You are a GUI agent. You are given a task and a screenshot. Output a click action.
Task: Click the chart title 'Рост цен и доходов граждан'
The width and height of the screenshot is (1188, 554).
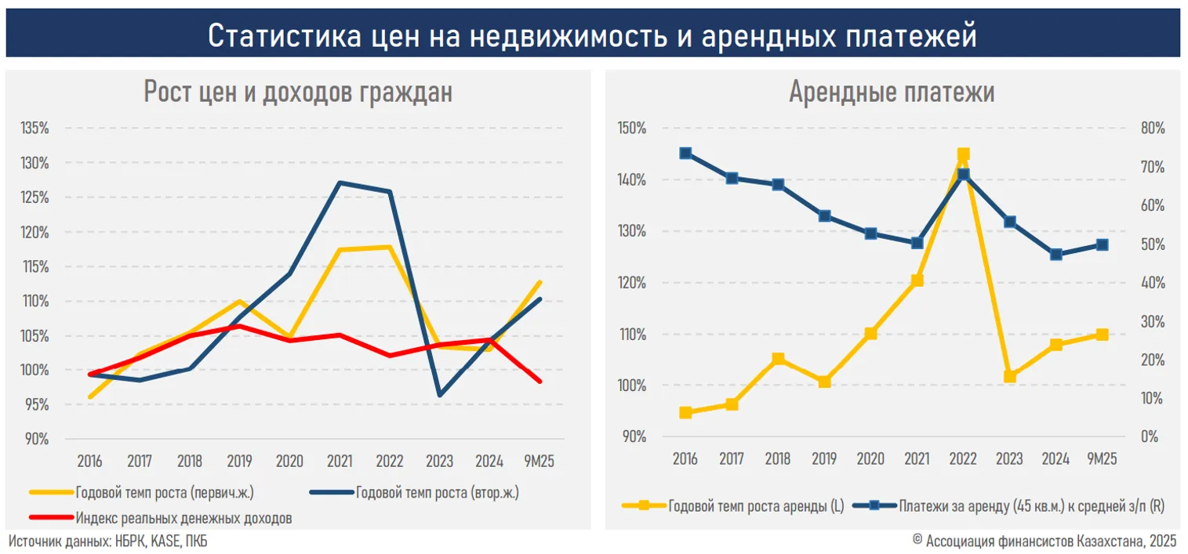pyautogui.click(x=298, y=92)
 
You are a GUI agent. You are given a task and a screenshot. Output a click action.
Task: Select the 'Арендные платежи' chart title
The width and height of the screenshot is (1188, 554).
pyautogui.click(x=892, y=92)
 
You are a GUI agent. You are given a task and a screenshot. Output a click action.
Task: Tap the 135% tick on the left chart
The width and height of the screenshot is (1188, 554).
pyautogui.click(x=35, y=129)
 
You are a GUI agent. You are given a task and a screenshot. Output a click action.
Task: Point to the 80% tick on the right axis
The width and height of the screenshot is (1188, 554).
pyautogui.click(x=1153, y=129)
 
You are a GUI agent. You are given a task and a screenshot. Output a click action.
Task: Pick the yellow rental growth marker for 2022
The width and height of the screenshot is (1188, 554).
pyautogui.click(x=963, y=154)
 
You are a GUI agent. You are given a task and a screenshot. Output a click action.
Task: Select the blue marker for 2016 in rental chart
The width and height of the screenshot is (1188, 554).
pyautogui.click(x=685, y=154)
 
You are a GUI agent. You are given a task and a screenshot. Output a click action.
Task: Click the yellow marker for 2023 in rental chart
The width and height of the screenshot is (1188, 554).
pyautogui.click(x=1010, y=377)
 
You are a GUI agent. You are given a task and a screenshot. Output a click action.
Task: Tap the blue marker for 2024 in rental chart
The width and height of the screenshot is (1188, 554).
pyautogui.click(x=1056, y=255)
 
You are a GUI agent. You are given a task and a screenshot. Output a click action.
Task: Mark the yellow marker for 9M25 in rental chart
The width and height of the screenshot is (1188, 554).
pyautogui.click(x=1102, y=335)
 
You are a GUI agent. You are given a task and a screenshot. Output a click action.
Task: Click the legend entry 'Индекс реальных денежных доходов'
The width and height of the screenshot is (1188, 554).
pyautogui.click(x=184, y=518)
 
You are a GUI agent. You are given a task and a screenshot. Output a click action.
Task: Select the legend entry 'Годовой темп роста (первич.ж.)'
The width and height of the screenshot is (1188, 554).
pyautogui.click(x=165, y=493)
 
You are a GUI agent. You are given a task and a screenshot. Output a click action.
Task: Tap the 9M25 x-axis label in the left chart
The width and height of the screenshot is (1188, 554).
pyautogui.click(x=540, y=460)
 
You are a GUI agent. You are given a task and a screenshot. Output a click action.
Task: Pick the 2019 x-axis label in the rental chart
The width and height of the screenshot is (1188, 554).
pyautogui.click(x=824, y=458)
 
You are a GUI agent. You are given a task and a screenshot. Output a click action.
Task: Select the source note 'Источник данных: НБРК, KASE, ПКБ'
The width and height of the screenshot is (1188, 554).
pyautogui.click(x=108, y=541)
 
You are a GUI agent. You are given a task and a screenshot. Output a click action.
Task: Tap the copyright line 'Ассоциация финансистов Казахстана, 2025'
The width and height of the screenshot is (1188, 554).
pyautogui.click(x=1051, y=541)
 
